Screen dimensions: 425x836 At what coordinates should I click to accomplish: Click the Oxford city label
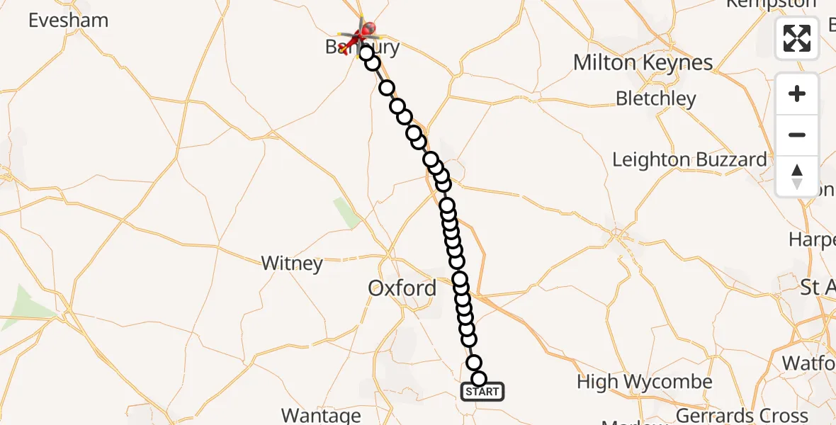click(x=402, y=288)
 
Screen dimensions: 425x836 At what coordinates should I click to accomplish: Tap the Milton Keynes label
click(x=643, y=63)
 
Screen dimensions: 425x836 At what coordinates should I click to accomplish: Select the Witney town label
click(x=292, y=264)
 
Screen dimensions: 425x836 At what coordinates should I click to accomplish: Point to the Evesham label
click(x=68, y=21)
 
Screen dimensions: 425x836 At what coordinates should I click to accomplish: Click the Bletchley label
click(x=656, y=98)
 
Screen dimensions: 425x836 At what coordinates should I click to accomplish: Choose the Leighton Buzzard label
click(x=689, y=160)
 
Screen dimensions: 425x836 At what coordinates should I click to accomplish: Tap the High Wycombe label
click(x=644, y=382)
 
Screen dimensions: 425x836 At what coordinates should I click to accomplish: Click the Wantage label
click(x=321, y=415)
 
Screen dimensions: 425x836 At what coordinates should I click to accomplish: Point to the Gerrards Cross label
click(x=742, y=415)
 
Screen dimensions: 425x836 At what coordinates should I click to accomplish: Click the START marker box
click(x=482, y=392)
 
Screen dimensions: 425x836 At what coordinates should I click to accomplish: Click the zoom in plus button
click(x=797, y=94)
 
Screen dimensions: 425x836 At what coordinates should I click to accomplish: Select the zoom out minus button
click(x=797, y=135)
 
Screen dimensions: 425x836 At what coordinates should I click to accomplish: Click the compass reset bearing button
click(x=797, y=176)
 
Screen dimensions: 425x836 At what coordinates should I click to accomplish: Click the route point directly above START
click(x=478, y=379)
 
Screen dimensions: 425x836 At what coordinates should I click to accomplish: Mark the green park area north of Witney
click(x=346, y=213)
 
